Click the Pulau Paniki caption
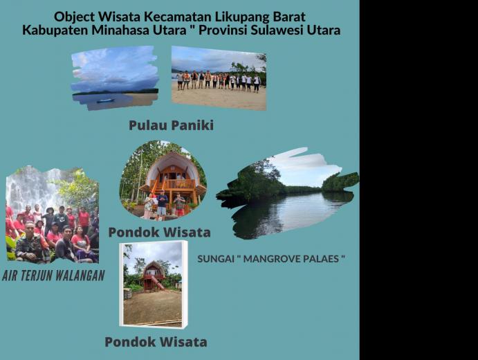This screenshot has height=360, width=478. (171, 125)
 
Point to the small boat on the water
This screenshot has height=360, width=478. (105, 100)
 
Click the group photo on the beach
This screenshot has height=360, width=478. (219, 78)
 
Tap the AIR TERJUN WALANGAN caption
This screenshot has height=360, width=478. (53, 275)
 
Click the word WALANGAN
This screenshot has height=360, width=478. (81, 275)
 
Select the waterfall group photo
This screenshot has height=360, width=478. (52, 215)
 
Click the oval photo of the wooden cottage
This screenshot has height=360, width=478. (163, 180)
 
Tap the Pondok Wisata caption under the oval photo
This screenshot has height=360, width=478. (159, 232)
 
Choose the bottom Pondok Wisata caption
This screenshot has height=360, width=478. (156, 342)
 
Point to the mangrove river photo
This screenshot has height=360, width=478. (288, 193)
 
